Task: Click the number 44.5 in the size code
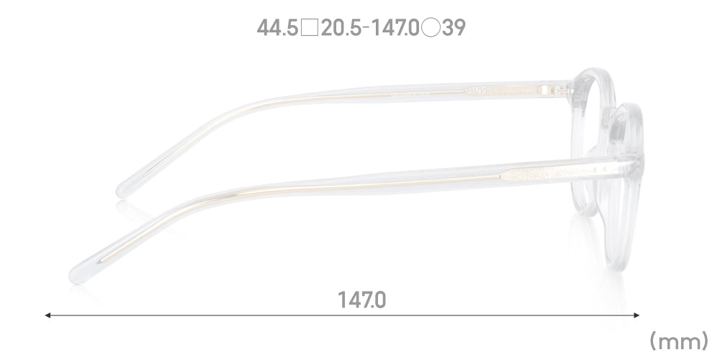277,29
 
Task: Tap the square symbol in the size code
310,29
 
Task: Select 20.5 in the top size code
342,29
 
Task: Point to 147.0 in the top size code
395,29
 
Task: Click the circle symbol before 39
431,29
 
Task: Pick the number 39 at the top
454,29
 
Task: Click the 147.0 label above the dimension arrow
361,299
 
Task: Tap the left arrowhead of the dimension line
48,315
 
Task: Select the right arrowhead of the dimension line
637,315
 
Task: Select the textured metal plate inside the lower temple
533,173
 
